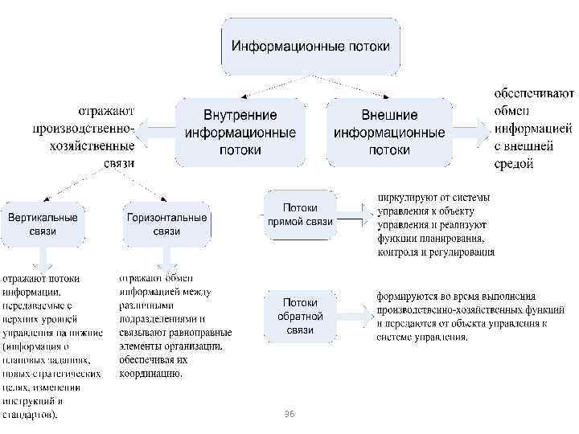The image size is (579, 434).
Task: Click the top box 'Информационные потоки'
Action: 311,46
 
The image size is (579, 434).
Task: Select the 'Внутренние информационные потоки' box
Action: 240,132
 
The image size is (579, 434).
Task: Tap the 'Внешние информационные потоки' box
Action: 389,132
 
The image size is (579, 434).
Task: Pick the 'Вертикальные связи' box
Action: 43,224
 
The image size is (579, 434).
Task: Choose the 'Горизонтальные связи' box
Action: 166,224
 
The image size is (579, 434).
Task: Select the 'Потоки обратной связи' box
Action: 299,316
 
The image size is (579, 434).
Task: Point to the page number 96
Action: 290,412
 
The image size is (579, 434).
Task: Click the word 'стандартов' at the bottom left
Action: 28,416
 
